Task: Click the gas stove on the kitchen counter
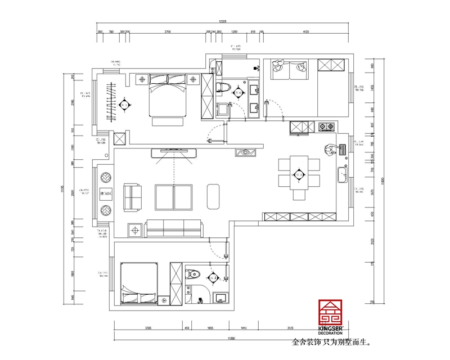point(326,127)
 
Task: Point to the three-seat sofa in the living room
point(175,228)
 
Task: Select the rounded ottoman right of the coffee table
point(214,195)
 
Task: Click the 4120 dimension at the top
point(306,33)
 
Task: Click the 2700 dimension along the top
point(167,33)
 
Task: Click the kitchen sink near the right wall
point(341,175)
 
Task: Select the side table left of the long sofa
point(134,229)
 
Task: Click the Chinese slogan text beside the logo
point(332,341)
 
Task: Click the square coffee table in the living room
point(174,195)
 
